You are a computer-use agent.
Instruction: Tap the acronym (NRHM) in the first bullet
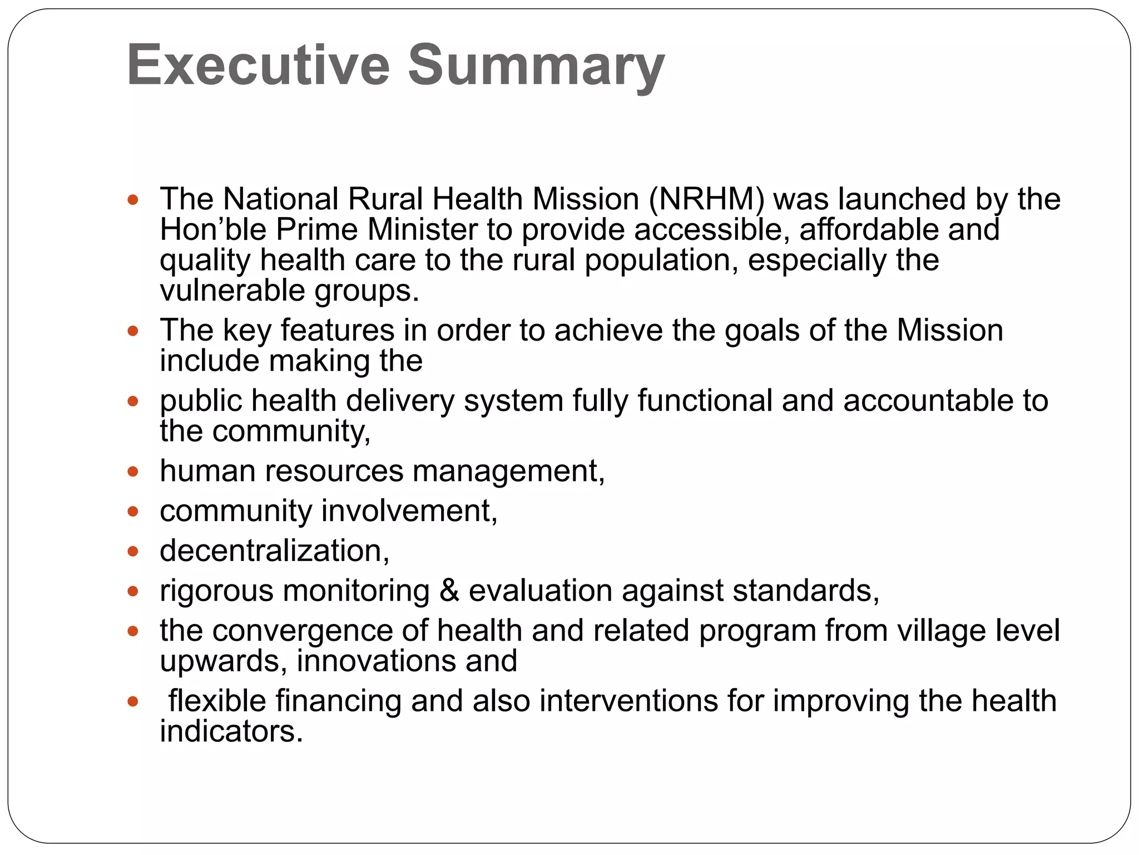click(706, 199)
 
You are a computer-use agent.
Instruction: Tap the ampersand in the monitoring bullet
click(449, 590)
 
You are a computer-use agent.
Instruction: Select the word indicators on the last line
click(231, 731)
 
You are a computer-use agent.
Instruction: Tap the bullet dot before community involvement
click(132, 512)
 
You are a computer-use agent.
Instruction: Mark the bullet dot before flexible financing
click(132, 701)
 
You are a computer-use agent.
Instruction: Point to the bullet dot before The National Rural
click(132, 200)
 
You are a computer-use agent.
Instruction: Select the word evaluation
click(540, 590)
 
